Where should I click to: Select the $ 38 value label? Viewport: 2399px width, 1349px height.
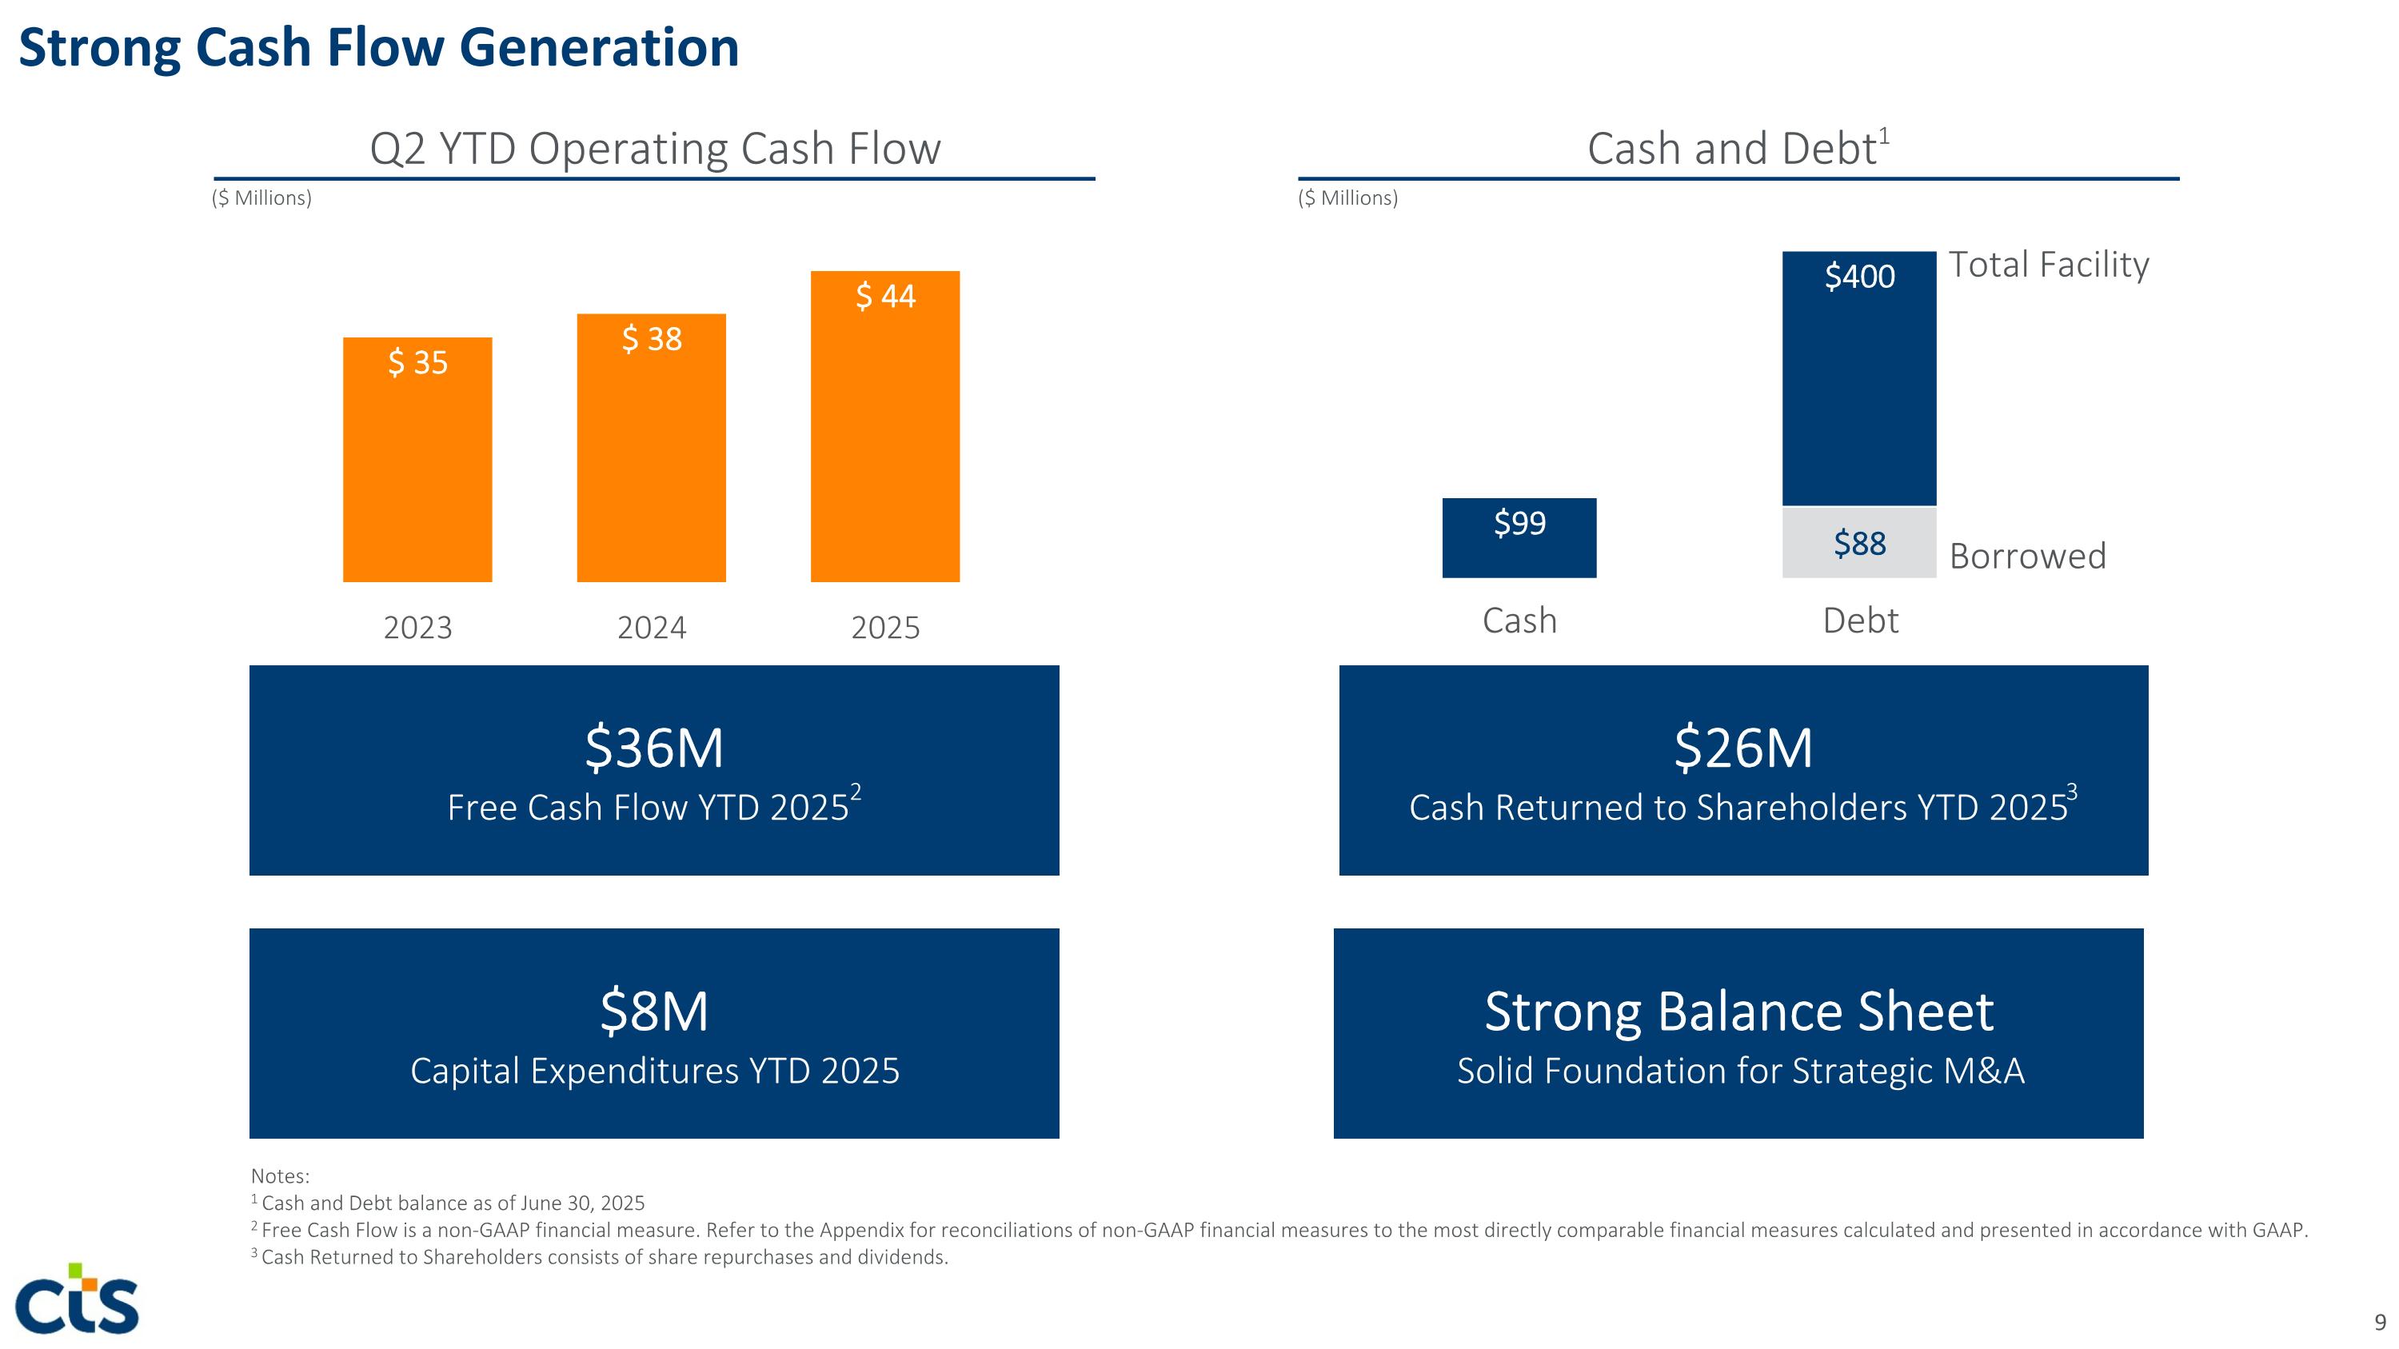point(652,339)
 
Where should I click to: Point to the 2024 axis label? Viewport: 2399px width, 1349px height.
point(652,628)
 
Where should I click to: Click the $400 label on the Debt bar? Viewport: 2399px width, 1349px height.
point(1859,277)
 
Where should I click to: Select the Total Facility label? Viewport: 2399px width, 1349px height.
point(2049,265)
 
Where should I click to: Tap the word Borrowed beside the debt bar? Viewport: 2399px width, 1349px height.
point(2027,556)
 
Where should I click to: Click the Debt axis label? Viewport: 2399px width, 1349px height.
point(1860,620)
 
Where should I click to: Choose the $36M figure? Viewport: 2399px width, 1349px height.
point(654,748)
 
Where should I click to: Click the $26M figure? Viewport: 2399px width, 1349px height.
point(1743,748)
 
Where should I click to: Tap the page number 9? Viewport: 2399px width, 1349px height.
point(2381,1322)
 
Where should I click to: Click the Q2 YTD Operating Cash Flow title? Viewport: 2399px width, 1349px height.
point(655,149)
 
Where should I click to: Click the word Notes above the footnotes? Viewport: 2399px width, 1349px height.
point(279,1175)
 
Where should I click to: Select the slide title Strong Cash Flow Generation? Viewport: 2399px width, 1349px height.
point(378,47)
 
